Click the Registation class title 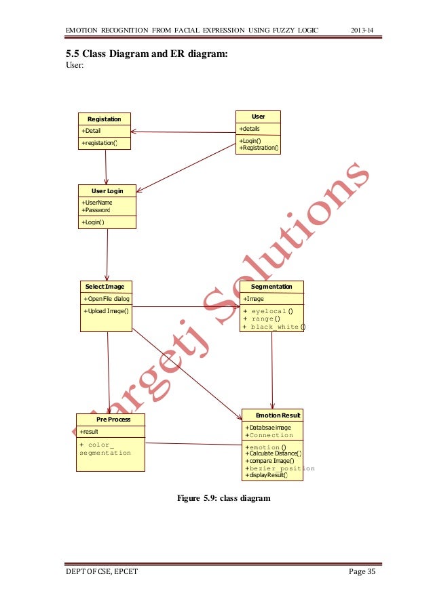(x=104, y=119)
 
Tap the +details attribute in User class (x=249, y=129)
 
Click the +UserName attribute (x=97, y=202)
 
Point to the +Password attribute (x=96, y=210)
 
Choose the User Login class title (x=107, y=190)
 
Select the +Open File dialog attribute (x=107, y=298)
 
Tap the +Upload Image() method (x=106, y=310)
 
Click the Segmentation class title (x=271, y=287)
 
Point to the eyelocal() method (x=269, y=310)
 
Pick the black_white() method (x=274, y=327)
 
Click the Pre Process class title (x=110, y=420)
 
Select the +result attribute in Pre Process (x=90, y=431)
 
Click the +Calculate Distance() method (x=274, y=453)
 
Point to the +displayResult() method (x=266, y=475)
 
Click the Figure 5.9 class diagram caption (x=223, y=499)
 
